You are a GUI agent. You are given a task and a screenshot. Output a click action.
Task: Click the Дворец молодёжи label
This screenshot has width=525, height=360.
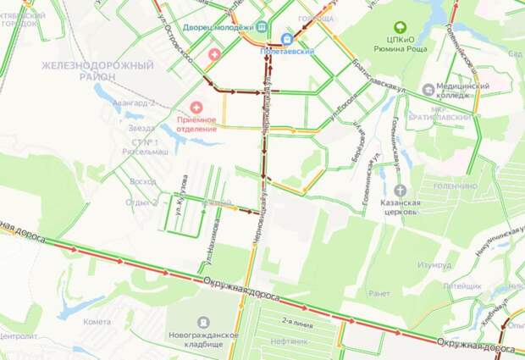tap(216, 26)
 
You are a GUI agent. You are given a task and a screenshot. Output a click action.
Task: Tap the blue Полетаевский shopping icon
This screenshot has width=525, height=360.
tap(286, 38)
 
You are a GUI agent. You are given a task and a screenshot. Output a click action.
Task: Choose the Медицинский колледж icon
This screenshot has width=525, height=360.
tap(428, 89)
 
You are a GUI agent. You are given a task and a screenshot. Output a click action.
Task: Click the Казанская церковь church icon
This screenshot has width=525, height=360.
tap(400, 190)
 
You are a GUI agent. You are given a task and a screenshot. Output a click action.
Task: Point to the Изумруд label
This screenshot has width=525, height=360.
tap(434, 264)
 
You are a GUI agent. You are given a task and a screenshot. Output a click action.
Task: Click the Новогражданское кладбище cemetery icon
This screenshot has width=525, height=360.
tap(203, 322)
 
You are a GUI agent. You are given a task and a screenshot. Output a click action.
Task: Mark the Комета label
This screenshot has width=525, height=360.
tap(97, 322)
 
